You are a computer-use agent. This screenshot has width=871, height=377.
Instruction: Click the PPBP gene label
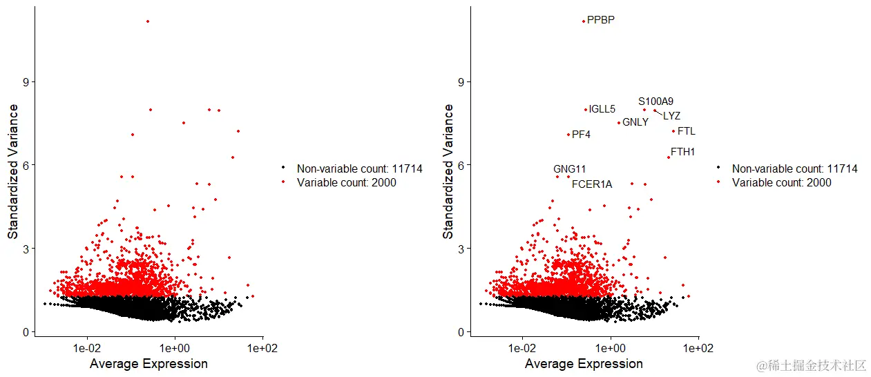coord(600,20)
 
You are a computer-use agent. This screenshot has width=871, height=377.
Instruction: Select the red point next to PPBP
coord(583,21)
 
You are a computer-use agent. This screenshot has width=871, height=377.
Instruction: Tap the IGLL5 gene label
coord(602,109)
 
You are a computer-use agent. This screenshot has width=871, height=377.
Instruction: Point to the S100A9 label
coord(655,101)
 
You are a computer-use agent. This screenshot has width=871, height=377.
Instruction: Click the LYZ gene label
coord(671,116)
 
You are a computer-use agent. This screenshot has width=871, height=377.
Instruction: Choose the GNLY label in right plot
coord(635,122)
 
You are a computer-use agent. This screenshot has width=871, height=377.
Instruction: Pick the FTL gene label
coord(687,131)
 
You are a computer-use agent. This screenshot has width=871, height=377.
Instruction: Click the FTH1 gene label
coord(683,152)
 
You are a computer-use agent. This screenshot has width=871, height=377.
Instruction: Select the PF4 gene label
coord(581,135)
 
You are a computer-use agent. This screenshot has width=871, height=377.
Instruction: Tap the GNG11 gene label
coord(570,169)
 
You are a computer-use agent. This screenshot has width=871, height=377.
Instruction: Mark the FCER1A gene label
coord(592,184)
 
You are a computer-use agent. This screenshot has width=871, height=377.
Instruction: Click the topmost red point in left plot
coord(148,21)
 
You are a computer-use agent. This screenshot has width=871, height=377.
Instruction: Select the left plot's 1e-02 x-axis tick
coord(87,349)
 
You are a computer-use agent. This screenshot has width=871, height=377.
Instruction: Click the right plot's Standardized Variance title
coord(448,172)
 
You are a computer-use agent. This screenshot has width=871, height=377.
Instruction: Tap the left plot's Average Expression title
coord(149,364)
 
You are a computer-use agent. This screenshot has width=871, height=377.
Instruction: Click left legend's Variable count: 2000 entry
coord(346,183)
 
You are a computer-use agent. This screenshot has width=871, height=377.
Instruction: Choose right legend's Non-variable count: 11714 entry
coord(794,168)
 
